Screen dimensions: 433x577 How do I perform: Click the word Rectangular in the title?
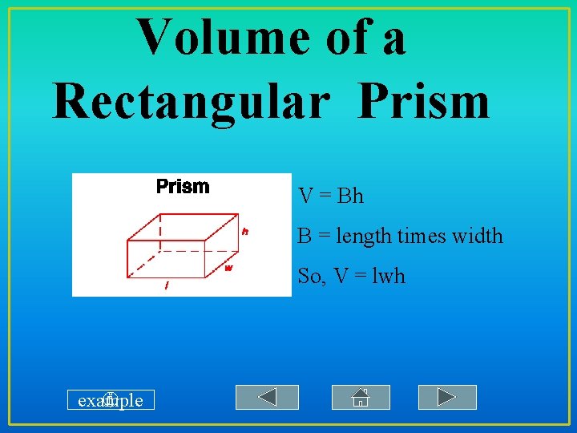[191, 102]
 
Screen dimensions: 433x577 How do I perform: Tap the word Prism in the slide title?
[424, 102]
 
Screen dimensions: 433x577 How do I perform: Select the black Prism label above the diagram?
[183, 187]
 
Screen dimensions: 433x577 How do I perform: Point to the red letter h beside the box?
[245, 231]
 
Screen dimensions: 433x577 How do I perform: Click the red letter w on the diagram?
[228, 268]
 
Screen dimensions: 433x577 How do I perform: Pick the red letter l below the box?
[166, 285]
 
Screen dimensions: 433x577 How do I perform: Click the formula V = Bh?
[331, 196]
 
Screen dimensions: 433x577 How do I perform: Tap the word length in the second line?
[365, 237]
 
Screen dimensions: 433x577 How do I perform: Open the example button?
[111, 399]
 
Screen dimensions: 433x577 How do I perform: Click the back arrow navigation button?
[267, 397]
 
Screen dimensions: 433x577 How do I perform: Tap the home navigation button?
[361, 397]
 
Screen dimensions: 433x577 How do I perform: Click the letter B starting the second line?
[305, 237]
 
